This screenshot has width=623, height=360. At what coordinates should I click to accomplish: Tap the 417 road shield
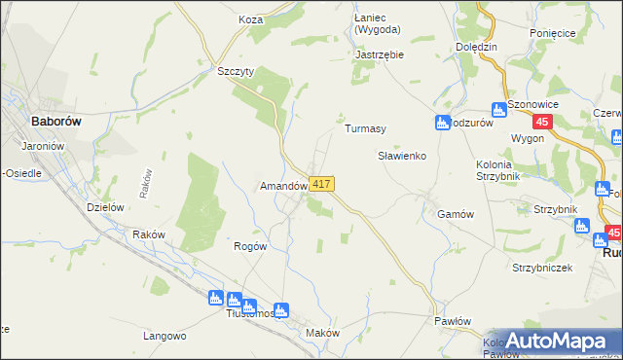[323, 184]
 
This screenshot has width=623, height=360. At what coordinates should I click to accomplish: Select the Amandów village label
[283, 185]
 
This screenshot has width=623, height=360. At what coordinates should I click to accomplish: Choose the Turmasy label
[366, 128]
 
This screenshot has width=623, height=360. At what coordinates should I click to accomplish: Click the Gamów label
[456, 214]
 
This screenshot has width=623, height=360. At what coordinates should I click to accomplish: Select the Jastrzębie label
[380, 54]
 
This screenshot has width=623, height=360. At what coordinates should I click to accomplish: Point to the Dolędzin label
[477, 46]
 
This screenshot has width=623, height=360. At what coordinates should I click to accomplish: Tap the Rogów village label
[251, 246]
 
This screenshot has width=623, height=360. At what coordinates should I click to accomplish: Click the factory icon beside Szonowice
[498, 109]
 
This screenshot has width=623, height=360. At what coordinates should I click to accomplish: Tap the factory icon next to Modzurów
[441, 123]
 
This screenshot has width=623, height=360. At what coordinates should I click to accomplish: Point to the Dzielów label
[104, 206]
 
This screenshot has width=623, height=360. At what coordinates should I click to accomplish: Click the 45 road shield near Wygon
[544, 122]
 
